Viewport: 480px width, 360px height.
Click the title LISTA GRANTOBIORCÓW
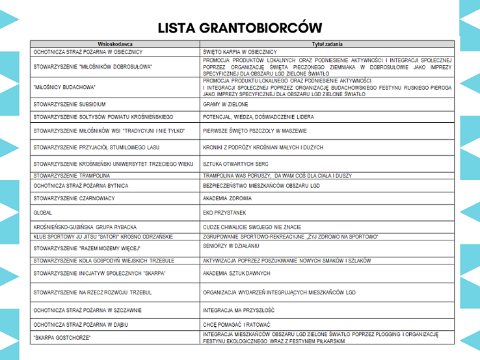240,27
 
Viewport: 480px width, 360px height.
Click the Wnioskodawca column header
115,44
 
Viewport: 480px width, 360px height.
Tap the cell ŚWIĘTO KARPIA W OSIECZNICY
240,52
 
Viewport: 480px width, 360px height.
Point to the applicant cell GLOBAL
43,212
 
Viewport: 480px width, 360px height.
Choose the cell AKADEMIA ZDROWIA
226,198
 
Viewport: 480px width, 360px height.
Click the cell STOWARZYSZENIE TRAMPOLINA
72,175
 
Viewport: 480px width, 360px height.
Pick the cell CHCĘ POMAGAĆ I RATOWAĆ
236,324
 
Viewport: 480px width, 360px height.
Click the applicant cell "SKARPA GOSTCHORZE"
62,337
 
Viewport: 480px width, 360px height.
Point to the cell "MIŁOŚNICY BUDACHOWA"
64,86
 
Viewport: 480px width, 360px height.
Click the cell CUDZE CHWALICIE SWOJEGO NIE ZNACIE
252,227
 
